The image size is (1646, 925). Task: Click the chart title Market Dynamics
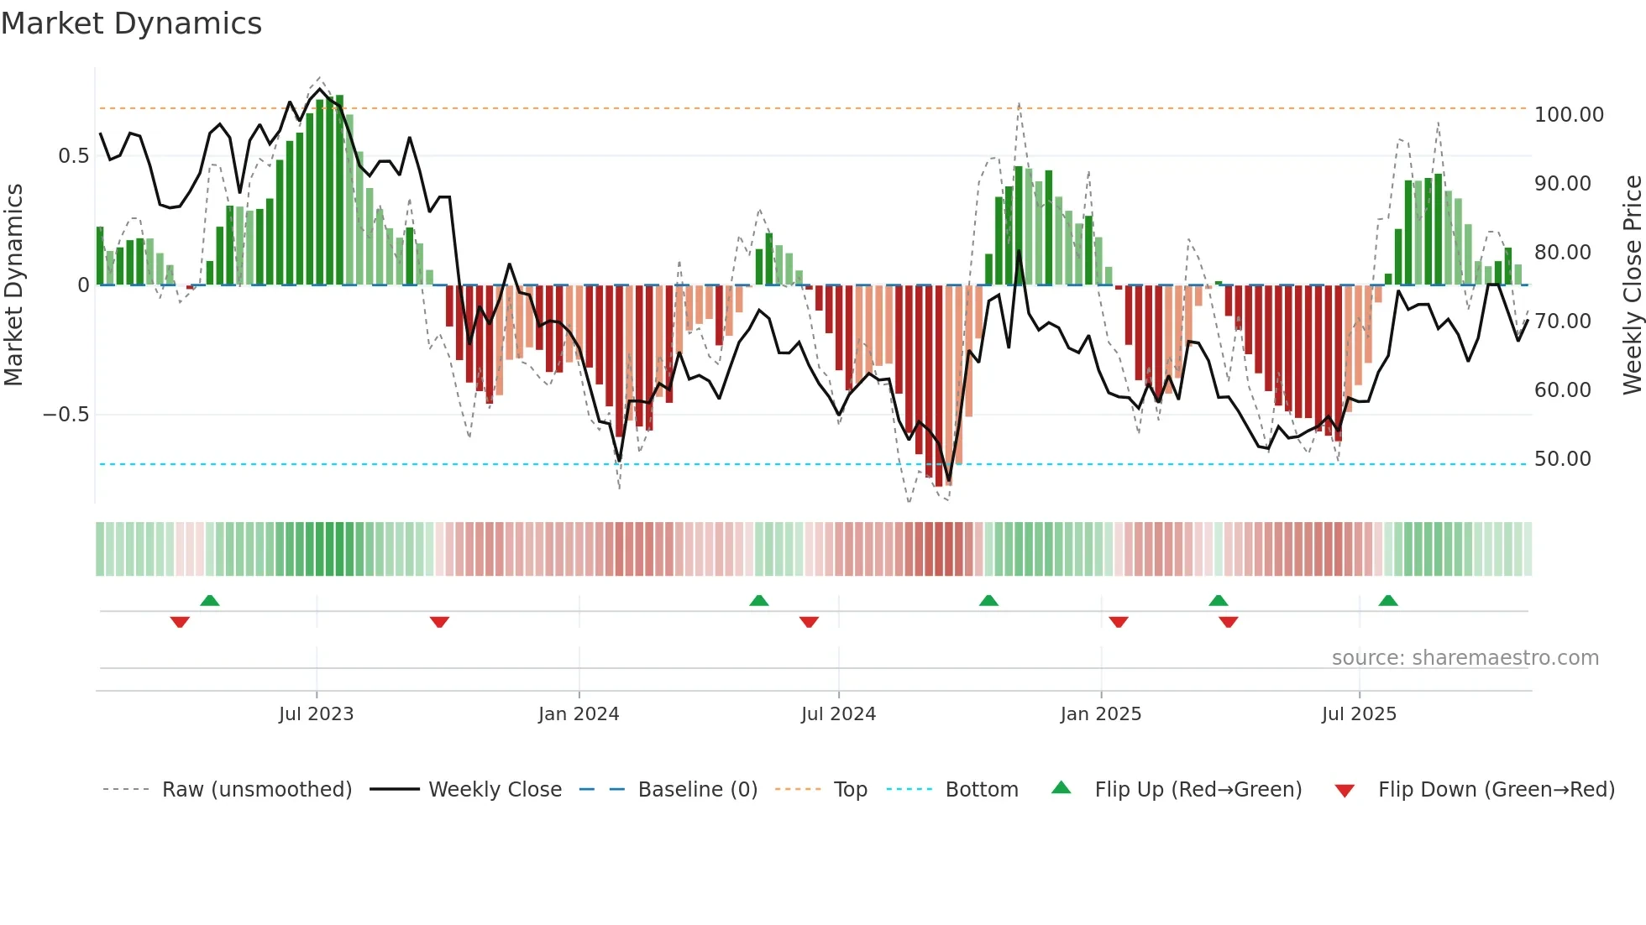click(x=132, y=24)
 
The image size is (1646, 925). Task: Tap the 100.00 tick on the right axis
click(x=1568, y=115)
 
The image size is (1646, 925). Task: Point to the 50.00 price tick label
click(x=1562, y=459)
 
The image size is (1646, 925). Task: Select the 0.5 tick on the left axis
click(x=73, y=156)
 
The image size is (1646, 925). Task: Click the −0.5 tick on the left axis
click(x=66, y=415)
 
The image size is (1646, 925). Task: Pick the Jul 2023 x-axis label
click(x=316, y=714)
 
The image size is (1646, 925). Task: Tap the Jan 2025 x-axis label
click(x=1100, y=714)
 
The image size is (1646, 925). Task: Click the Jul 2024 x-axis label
click(x=838, y=714)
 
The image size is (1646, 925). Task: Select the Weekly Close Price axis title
click(x=1632, y=285)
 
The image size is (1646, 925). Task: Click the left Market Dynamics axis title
click(x=13, y=285)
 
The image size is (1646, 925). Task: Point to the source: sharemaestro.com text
click(x=1465, y=658)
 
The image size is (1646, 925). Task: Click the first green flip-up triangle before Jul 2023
click(x=210, y=600)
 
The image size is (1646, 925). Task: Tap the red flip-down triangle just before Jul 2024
click(x=809, y=622)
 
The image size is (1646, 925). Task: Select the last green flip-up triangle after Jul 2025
click(x=1388, y=600)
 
